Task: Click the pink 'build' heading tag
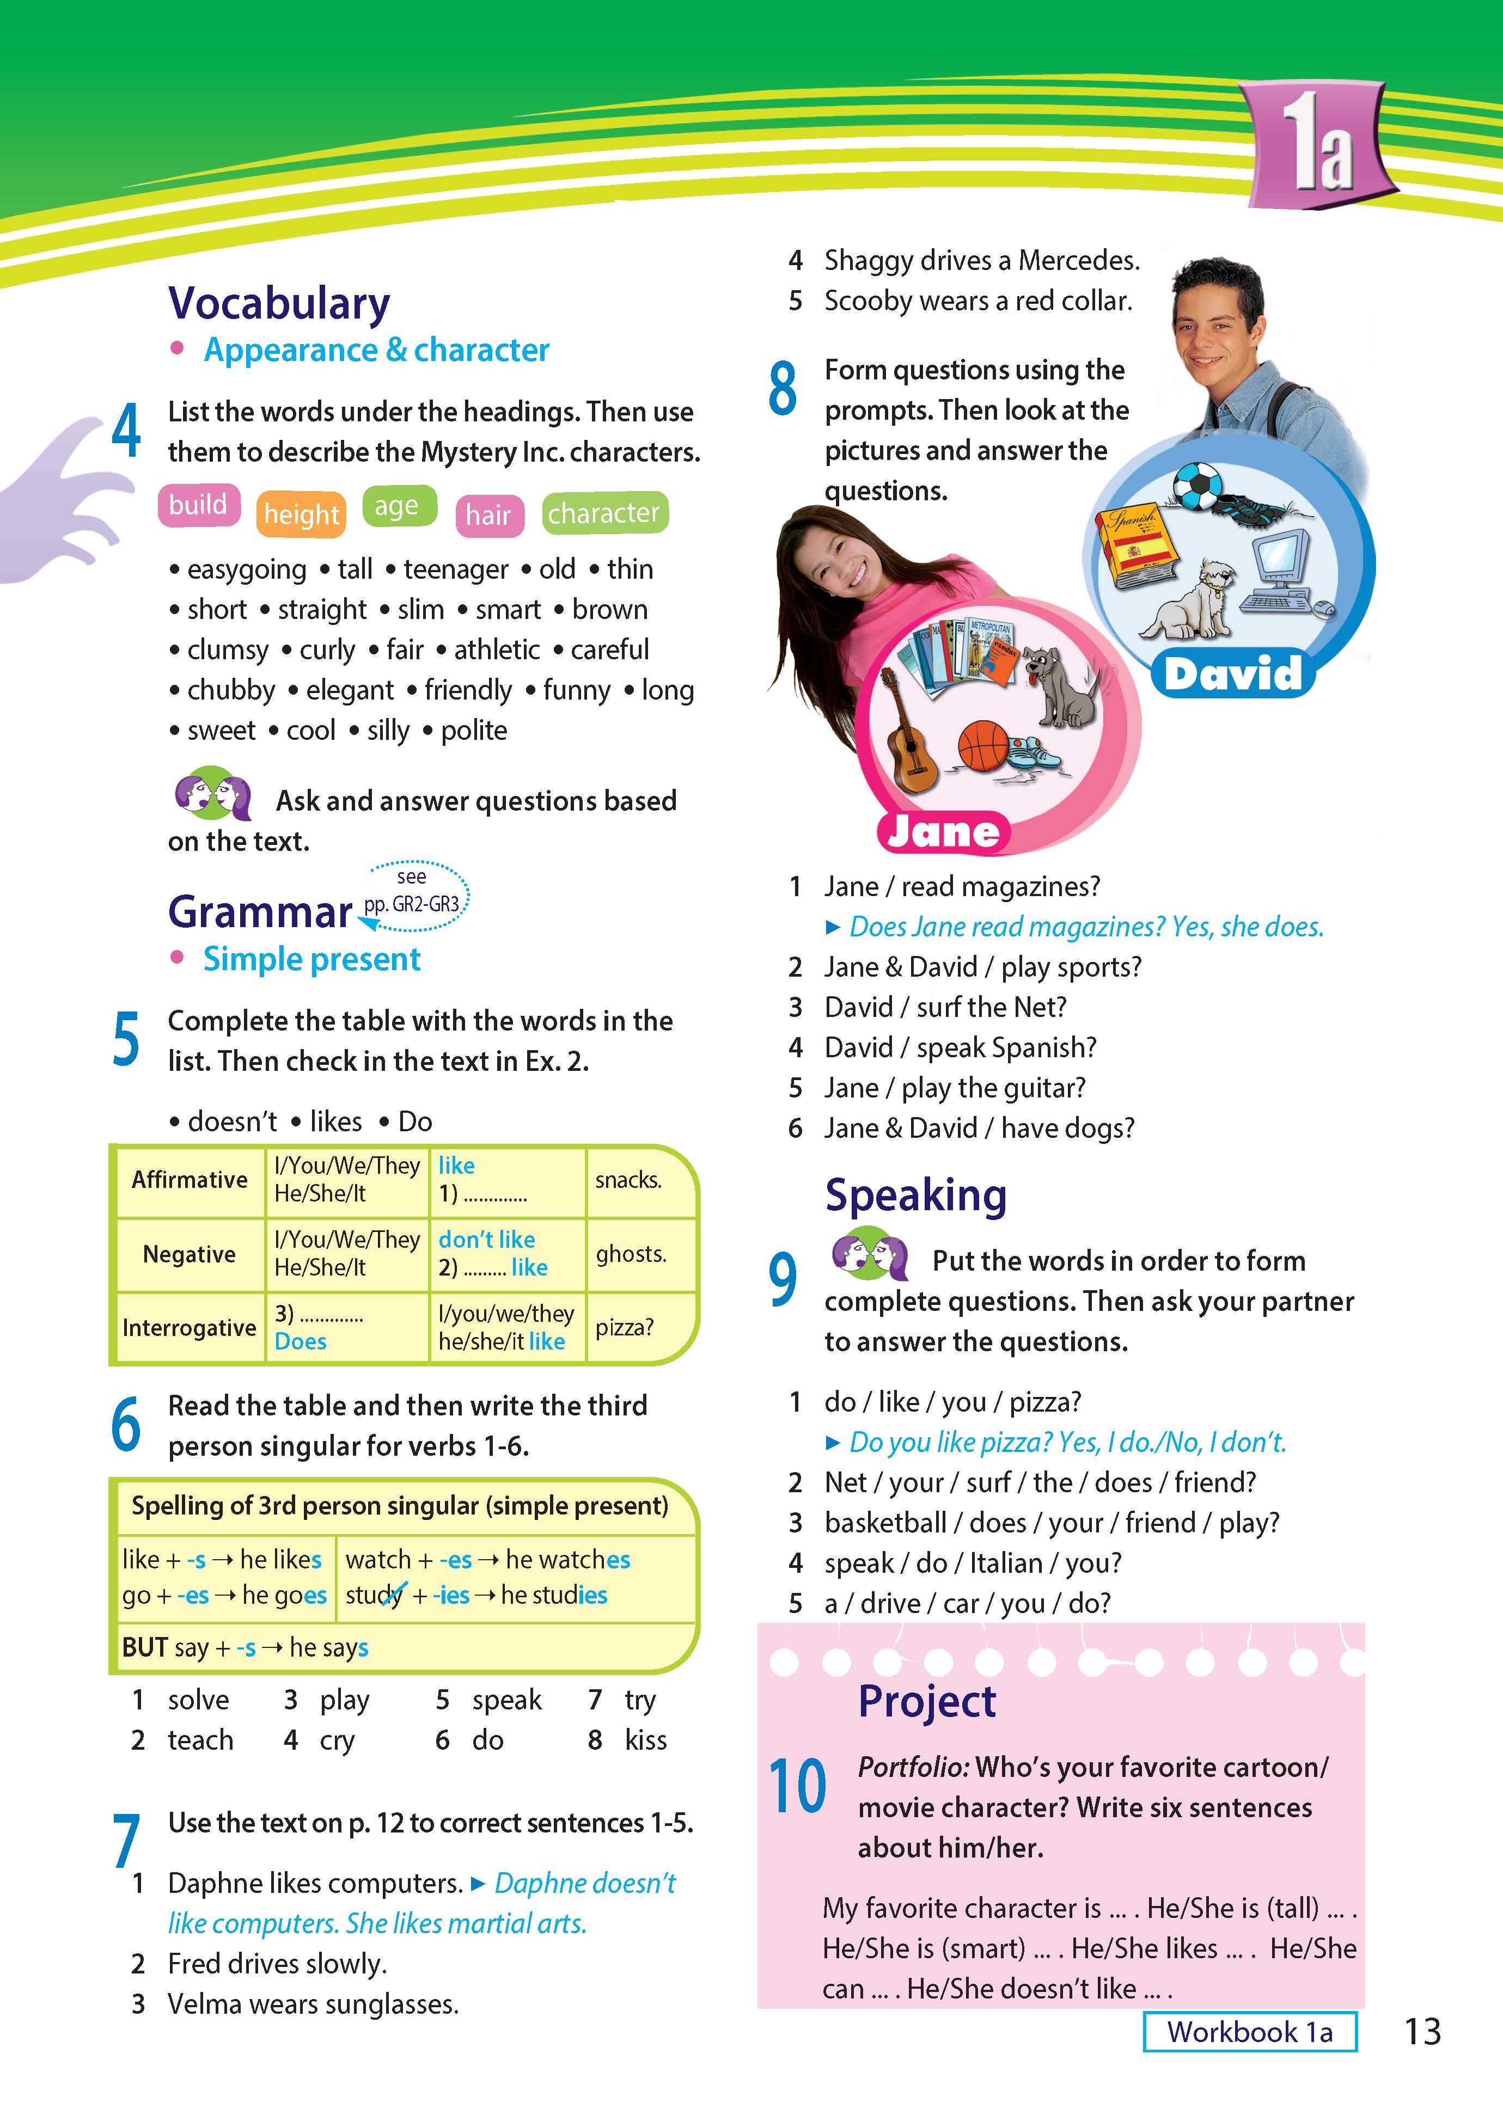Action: [x=198, y=505]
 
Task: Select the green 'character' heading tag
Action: [x=603, y=512]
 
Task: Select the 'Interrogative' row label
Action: [x=189, y=1327]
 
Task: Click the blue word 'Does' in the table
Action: [x=301, y=1341]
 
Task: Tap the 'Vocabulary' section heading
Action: [x=279, y=303]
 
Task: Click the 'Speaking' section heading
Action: [x=915, y=1195]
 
